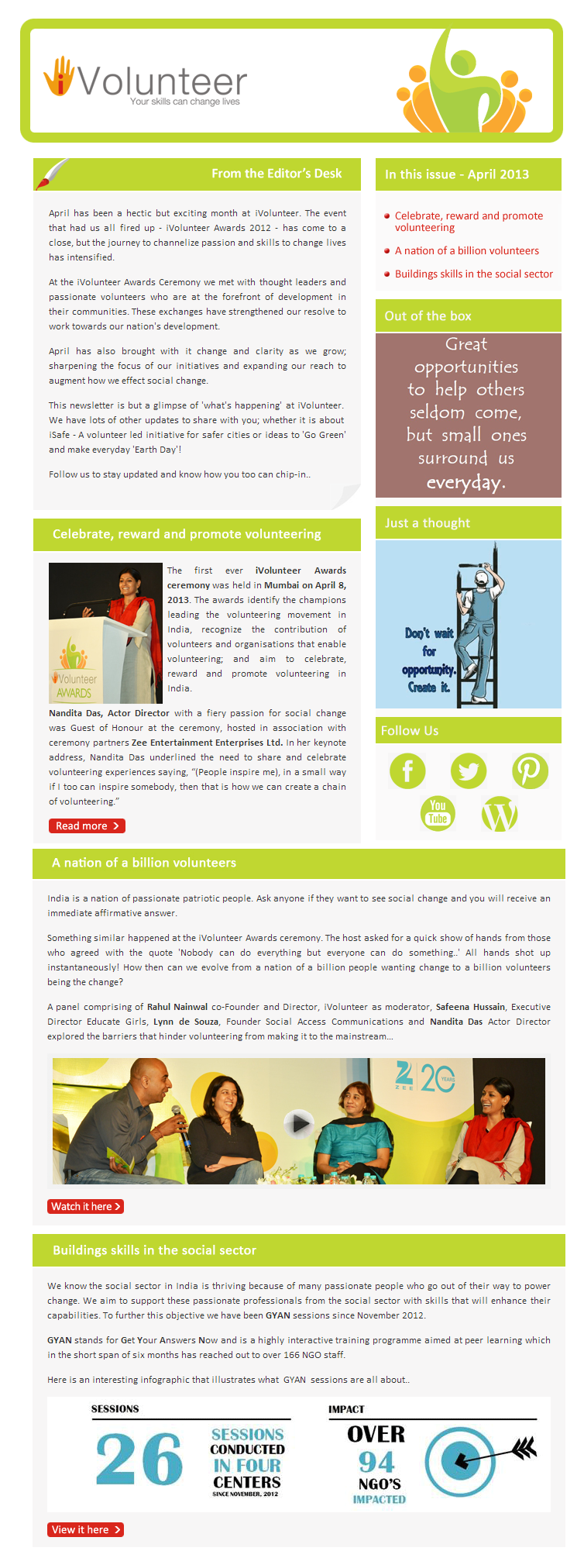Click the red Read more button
coord(87,826)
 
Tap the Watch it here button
coord(85,1206)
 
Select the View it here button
coord(85,1529)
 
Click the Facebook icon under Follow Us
coord(407,770)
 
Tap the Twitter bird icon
coord(469,770)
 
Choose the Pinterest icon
coord(530,770)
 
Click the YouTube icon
coord(438,812)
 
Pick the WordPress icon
coord(500,814)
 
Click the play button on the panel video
coord(297,1122)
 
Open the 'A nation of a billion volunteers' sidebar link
coord(466,250)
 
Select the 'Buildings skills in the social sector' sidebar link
coord(473,274)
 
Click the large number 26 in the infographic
coord(139,1459)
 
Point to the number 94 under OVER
coord(376,1462)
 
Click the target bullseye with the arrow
coord(459,1460)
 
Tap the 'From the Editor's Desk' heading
coord(277,174)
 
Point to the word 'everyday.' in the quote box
coord(465,482)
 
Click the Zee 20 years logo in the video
coord(425,1077)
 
